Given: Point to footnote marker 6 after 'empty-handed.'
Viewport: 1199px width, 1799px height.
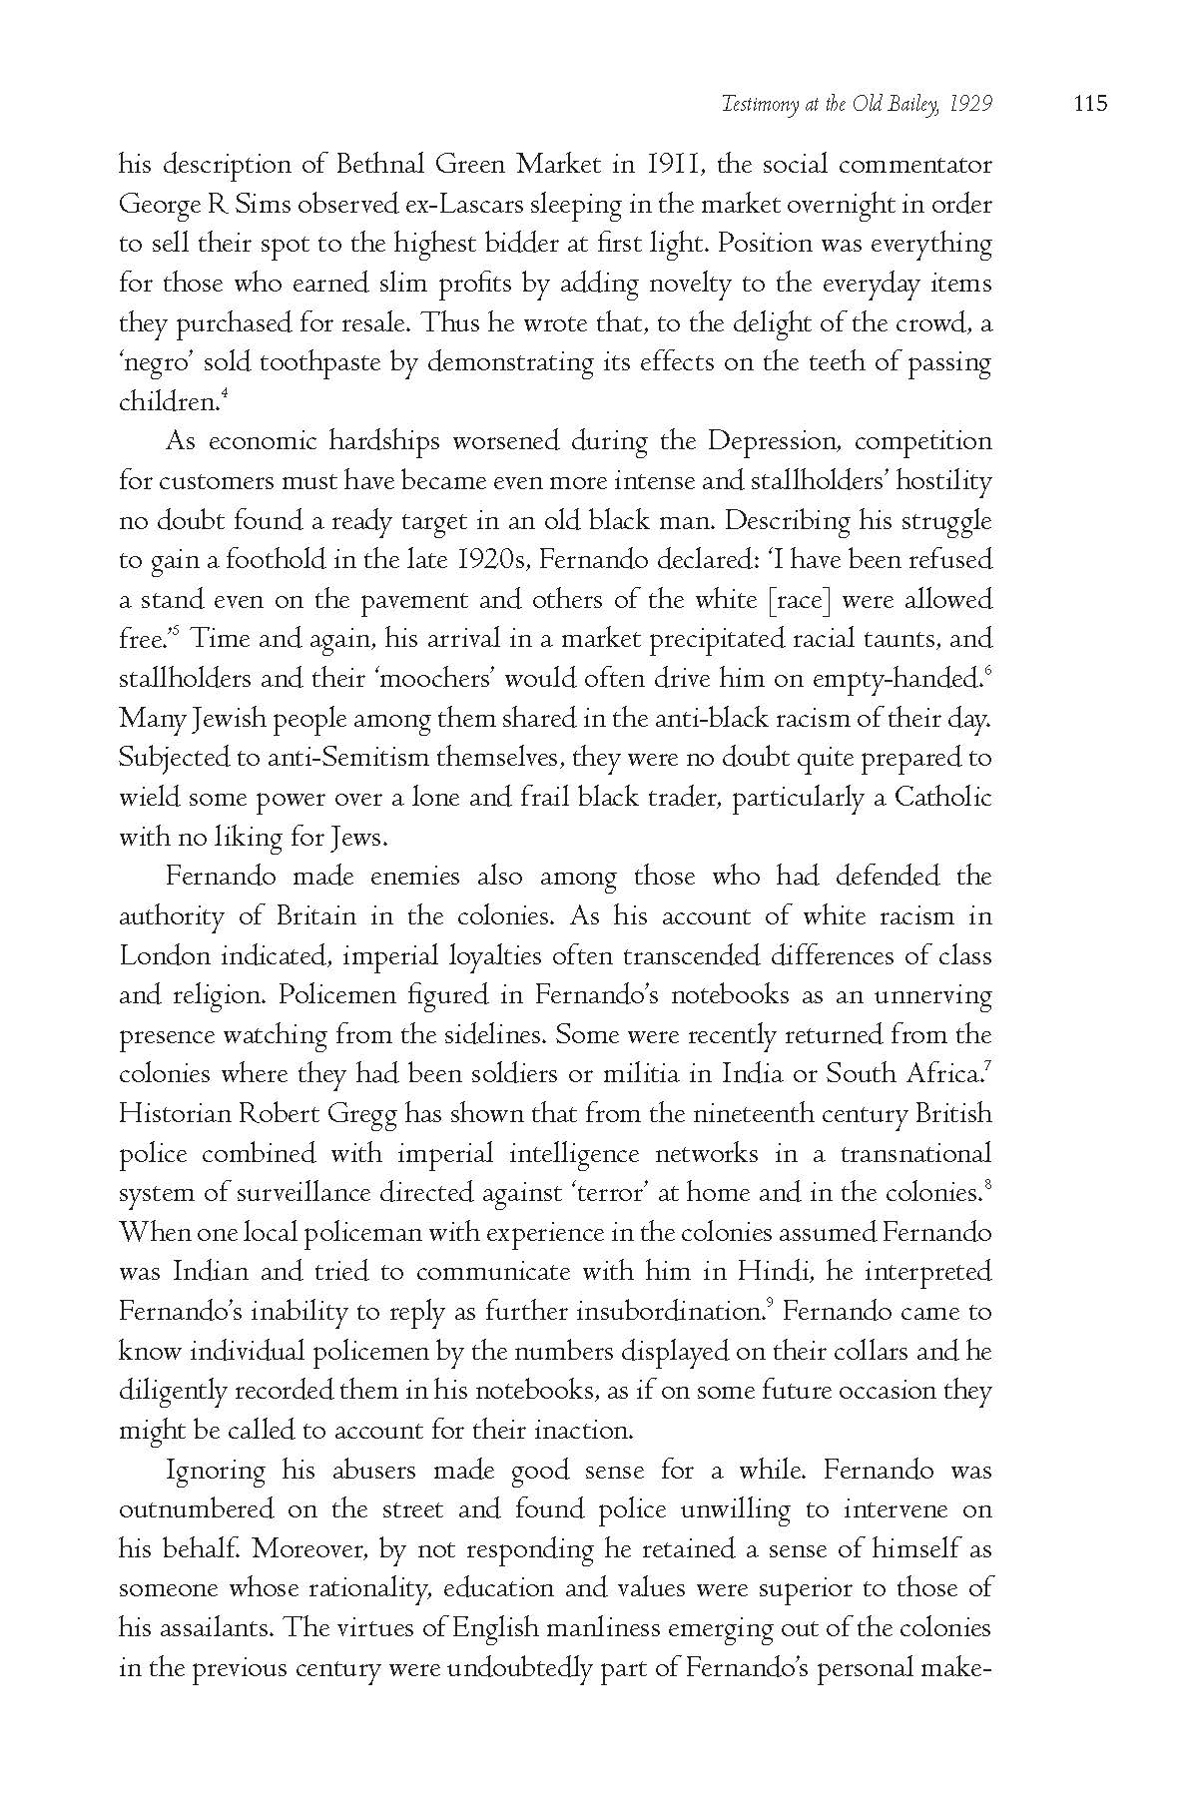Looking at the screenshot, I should [x=987, y=673].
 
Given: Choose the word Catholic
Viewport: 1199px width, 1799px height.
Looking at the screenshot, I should [x=942, y=798].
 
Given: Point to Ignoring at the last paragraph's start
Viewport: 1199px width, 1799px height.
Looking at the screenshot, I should [x=215, y=1471].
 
